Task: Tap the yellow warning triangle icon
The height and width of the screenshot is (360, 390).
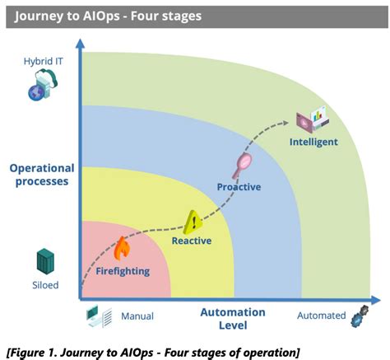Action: tap(193, 220)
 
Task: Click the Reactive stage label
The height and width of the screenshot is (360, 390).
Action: tap(192, 241)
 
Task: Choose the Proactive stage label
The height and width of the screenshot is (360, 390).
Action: tap(239, 187)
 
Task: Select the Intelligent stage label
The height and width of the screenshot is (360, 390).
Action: tap(313, 143)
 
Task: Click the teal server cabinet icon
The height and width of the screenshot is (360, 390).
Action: tap(44, 261)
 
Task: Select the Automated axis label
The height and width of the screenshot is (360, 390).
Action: tap(320, 316)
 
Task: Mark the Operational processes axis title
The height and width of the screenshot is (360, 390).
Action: tap(41, 175)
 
